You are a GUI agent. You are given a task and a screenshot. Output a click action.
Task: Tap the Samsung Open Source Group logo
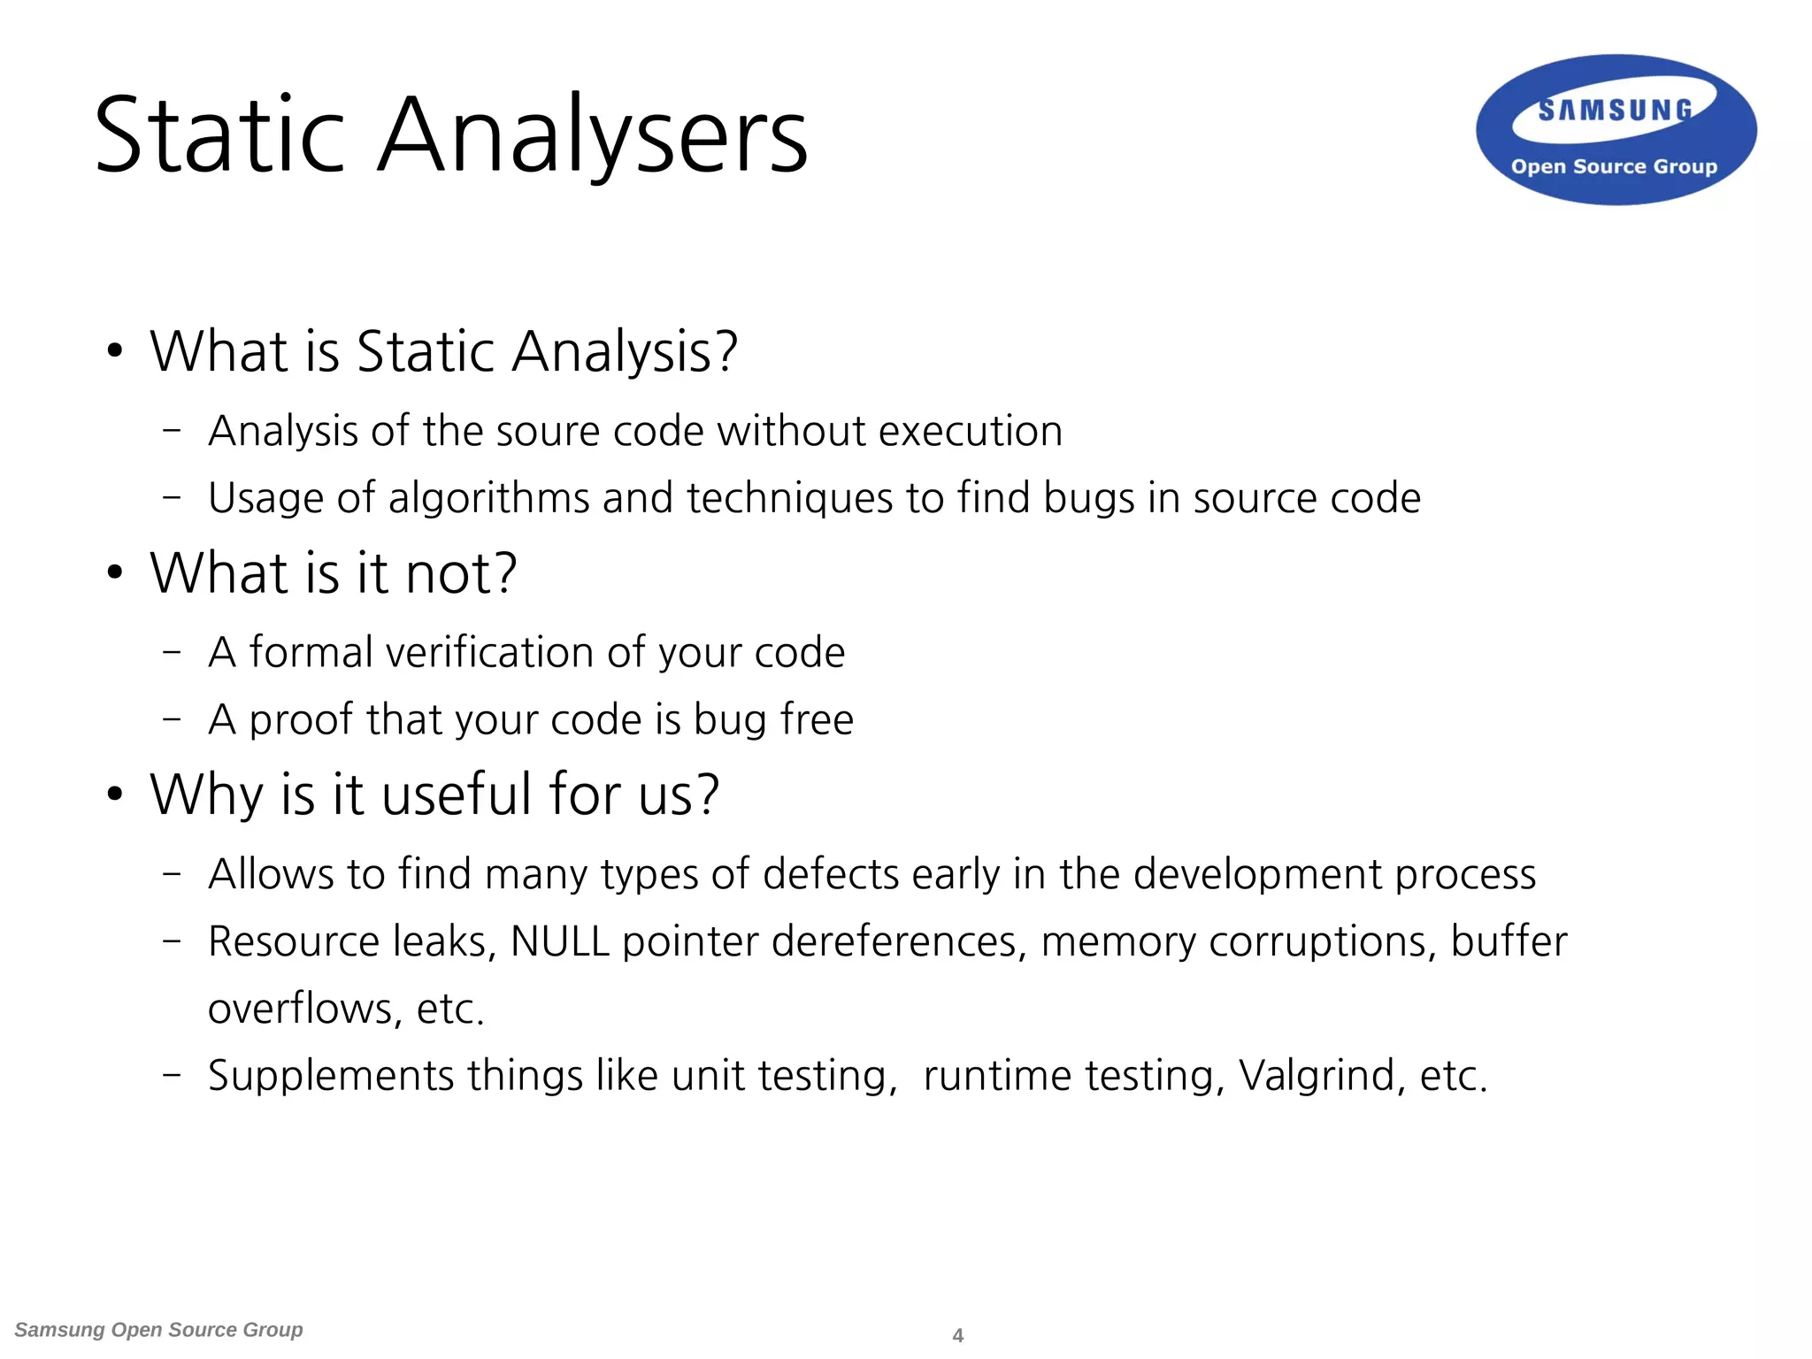(x=1616, y=130)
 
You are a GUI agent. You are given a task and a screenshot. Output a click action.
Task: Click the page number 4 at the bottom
(x=957, y=1335)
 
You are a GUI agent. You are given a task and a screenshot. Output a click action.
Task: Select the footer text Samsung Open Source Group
(x=159, y=1330)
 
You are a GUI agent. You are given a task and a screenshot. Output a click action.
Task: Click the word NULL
(x=559, y=941)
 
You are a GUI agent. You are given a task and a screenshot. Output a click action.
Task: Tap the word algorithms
(x=488, y=498)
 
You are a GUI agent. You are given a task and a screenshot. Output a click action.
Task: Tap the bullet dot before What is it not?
(x=114, y=573)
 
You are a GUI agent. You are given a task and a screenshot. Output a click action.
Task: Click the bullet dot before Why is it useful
(x=114, y=795)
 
